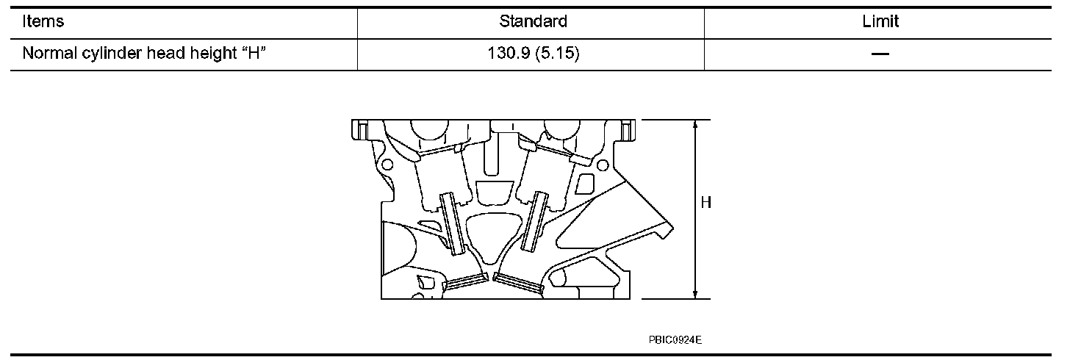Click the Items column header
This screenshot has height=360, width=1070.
point(43,21)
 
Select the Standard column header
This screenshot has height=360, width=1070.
point(533,21)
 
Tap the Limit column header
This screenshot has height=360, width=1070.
point(880,21)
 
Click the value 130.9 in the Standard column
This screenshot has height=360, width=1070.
point(509,53)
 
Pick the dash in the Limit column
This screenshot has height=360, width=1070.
point(880,54)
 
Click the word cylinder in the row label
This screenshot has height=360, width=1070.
point(111,53)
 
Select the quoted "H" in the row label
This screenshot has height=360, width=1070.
point(254,52)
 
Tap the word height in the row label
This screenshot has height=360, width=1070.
point(213,53)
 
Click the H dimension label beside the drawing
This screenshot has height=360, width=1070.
point(706,203)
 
